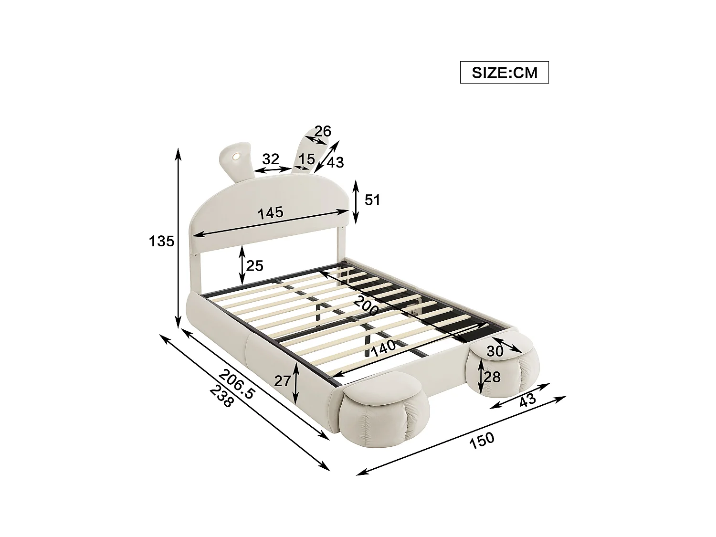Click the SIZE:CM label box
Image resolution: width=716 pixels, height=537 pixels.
504,73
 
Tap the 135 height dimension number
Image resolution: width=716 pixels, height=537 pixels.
161,242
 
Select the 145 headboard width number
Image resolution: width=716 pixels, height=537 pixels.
271,213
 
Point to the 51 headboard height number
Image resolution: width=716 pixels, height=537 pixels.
372,200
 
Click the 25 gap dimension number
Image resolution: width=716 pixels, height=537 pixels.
254,265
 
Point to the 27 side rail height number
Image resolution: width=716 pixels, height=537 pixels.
282,380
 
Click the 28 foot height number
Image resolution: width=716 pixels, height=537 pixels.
492,377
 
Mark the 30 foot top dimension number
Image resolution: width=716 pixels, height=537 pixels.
495,351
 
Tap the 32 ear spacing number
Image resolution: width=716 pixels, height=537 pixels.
270,158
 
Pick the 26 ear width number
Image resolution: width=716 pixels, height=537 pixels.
323,131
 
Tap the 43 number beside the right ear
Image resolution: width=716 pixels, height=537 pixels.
335,162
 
